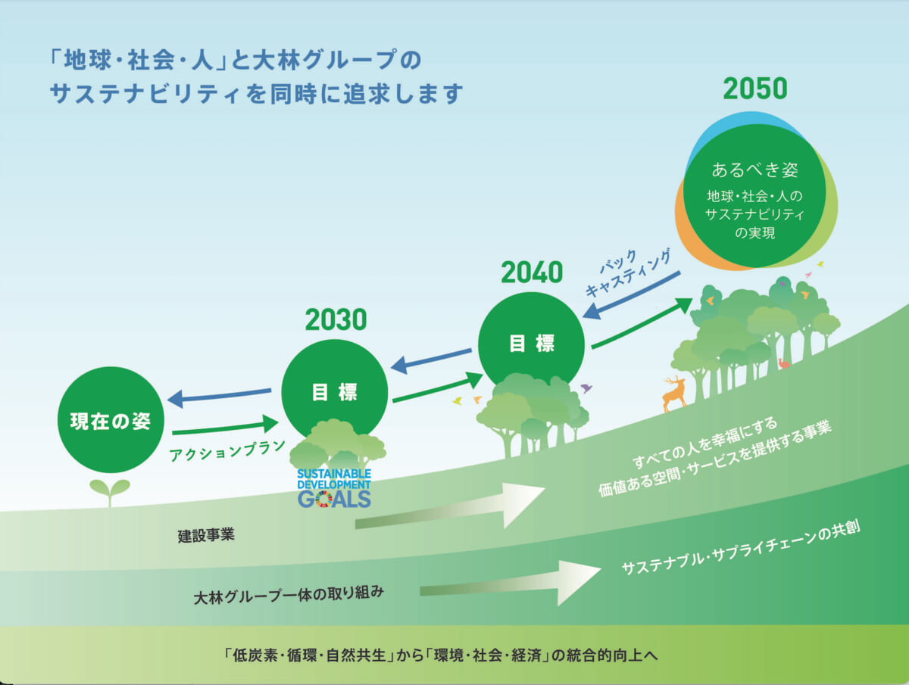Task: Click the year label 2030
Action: coord(336,319)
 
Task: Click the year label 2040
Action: coord(532,272)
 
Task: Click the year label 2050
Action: coord(755,89)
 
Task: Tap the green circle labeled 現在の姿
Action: coord(111,420)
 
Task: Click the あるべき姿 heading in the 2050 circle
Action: coord(754,170)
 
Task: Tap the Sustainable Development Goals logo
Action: coord(334,488)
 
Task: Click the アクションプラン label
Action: coord(227,450)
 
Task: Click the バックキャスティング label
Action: coord(628,273)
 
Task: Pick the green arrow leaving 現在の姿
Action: coord(225,428)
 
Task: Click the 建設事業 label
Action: coord(206,535)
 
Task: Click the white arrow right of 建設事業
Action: coord(450,506)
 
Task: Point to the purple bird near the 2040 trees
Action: coord(586,388)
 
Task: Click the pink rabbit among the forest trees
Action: coord(783,363)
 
